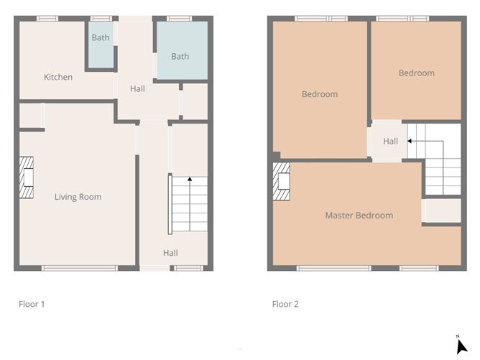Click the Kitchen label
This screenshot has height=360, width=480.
pyautogui.click(x=58, y=77)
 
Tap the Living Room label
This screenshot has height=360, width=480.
pyautogui.click(x=78, y=197)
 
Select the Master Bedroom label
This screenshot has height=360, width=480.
pyautogui.click(x=359, y=215)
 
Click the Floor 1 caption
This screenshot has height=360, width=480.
pyautogui.click(x=32, y=304)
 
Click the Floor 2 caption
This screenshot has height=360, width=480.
pyautogui.click(x=285, y=304)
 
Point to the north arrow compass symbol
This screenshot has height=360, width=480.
pyautogui.click(x=461, y=345)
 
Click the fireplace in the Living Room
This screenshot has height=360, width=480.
pyautogui.click(x=27, y=177)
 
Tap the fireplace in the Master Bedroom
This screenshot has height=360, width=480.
pyautogui.click(x=281, y=182)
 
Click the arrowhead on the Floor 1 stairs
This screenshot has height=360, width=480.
pyautogui.click(x=190, y=179)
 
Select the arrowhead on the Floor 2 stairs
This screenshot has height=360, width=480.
pyautogui.click(x=410, y=141)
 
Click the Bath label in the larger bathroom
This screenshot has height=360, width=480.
pyautogui.click(x=180, y=56)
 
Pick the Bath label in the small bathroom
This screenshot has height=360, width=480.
pyautogui.click(x=101, y=37)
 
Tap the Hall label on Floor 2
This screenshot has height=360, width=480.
pyautogui.click(x=391, y=141)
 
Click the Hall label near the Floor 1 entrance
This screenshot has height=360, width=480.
pyautogui.click(x=170, y=253)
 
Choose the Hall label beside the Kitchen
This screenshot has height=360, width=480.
pyautogui.click(x=137, y=89)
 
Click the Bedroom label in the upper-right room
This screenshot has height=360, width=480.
pyautogui.click(x=417, y=73)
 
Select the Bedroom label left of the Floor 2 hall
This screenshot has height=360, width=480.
pyautogui.click(x=320, y=94)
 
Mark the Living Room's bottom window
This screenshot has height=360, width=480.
pyautogui.click(x=80, y=269)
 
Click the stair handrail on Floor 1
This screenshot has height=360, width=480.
pyautogui.click(x=170, y=204)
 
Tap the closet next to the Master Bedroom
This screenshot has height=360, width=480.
pyautogui.click(x=441, y=211)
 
